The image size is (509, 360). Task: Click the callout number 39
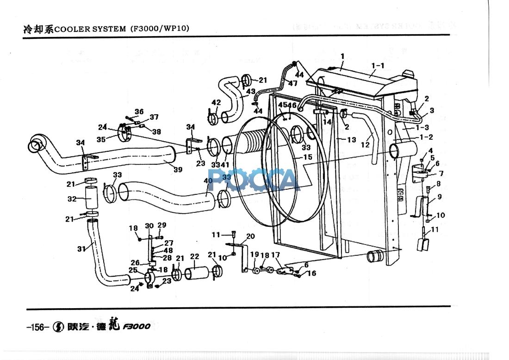[178, 170]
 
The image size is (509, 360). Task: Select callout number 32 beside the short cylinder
[72, 199]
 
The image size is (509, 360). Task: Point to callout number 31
[82, 248]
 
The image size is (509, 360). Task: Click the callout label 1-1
[378, 66]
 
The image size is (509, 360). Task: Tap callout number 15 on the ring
[307, 157]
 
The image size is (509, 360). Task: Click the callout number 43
[251, 92]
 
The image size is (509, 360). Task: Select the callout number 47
[292, 83]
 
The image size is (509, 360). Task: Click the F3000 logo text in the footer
[137, 327]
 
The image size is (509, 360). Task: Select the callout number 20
[250, 236]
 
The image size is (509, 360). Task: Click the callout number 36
[139, 112]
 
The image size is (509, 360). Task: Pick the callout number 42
[216, 102]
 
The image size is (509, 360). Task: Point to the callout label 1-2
[426, 137]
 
